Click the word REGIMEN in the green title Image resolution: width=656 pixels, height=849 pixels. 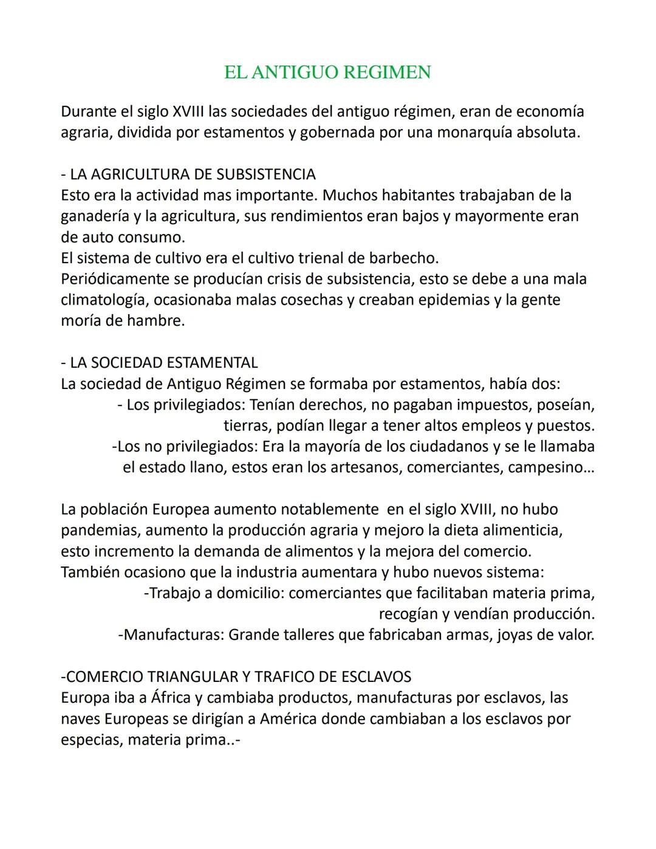(x=387, y=72)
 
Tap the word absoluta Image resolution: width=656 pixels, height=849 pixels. (x=548, y=132)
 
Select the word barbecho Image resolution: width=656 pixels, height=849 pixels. (x=404, y=258)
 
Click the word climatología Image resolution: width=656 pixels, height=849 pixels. (x=104, y=300)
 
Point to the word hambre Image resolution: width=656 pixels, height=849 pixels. (x=155, y=321)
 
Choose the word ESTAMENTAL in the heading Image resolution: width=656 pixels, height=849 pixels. (x=212, y=363)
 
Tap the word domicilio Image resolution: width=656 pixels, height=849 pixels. (x=250, y=593)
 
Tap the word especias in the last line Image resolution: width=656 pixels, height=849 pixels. (x=91, y=740)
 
